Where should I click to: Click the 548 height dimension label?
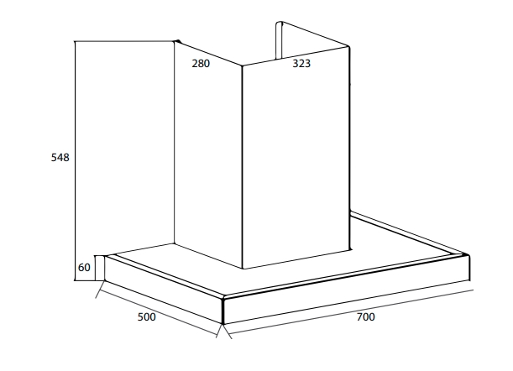60,158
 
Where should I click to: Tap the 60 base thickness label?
84,268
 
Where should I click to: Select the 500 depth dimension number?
147,317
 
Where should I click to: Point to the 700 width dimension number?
366,317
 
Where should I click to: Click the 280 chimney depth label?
201,64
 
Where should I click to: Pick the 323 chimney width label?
301,64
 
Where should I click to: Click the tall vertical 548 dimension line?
75,161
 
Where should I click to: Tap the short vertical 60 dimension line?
95,268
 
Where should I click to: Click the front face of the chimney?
296,158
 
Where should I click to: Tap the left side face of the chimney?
208,154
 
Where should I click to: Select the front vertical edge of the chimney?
243,167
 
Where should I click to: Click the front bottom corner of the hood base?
223,324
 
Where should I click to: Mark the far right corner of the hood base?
469,255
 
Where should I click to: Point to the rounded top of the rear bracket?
279,23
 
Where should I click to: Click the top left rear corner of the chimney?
177,42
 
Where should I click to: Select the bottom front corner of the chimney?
243,269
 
